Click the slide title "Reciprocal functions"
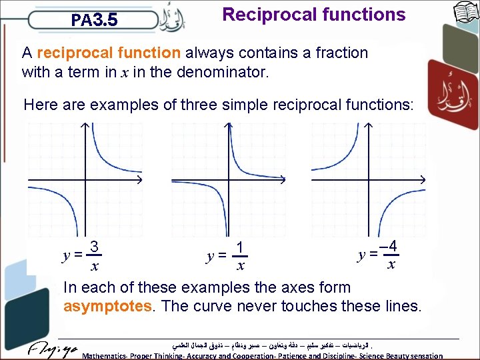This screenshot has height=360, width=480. (x=313, y=15)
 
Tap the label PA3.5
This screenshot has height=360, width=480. (x=95, y=20)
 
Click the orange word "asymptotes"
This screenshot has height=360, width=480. (x=107, y=306)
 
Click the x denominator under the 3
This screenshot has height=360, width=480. (x=95, y=266)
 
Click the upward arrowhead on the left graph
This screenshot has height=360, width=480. (x=85, y=127)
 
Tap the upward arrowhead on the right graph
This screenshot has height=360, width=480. (x=369, y=127)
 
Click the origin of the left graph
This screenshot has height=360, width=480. (x=85, y=181)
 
